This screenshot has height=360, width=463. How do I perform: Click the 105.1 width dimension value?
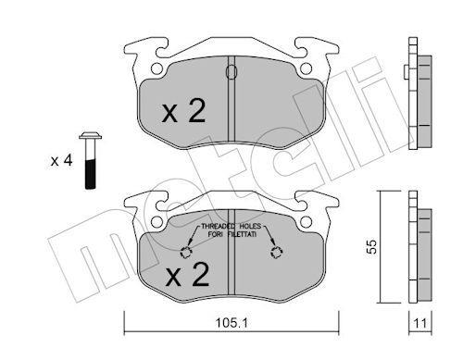(x=231, y=323)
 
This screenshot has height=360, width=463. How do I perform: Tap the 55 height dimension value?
(x=372, y=246)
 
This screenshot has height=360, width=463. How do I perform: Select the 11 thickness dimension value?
(x=420, y=323)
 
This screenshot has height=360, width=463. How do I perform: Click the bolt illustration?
(x=90, y=160)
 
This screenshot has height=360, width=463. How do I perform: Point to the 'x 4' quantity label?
(x=62, y=161)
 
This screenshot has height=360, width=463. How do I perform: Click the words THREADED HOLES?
(x=231, y=226)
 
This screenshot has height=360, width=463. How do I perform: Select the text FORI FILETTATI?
(x=232, y=234)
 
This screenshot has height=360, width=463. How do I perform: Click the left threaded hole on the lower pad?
(x=186, y=253)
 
